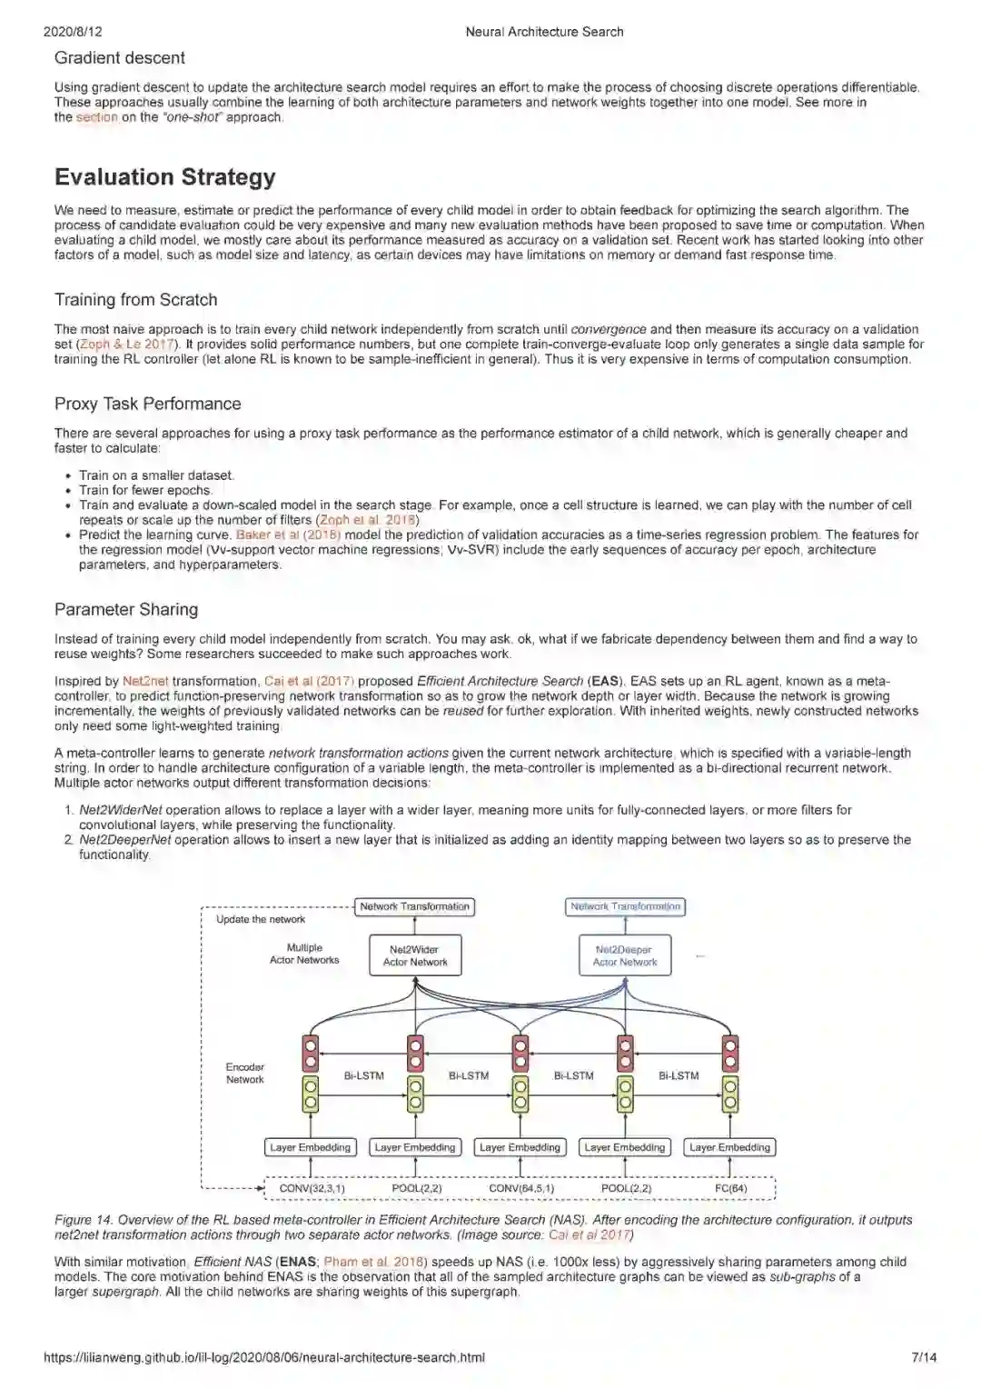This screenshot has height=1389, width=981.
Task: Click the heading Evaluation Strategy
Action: (165, 177)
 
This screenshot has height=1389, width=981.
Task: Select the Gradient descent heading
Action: (119, 58)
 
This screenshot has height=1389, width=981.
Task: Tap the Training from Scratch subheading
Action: (135, 300)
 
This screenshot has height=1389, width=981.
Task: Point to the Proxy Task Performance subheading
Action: (147, 404)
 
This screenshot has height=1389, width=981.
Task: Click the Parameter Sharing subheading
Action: (125, 609)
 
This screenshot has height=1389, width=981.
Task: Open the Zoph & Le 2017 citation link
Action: (126, 345)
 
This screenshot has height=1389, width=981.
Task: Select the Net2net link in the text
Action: (145, 681)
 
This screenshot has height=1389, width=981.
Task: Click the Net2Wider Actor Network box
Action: (415, 955)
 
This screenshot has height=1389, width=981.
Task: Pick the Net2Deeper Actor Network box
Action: (625, 955)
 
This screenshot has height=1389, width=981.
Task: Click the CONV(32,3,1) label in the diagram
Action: (312, 1188)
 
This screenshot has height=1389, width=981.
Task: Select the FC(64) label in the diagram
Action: (730, 1188)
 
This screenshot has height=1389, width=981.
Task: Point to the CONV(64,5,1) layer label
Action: (521, 1188)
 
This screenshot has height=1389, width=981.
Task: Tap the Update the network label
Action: (260, 919)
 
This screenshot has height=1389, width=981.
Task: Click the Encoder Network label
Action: (245, 1074)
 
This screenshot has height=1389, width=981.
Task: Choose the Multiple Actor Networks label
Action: (304, 954)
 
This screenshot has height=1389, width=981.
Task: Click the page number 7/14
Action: (924, 1357)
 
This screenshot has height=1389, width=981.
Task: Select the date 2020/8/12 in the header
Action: (73, 32)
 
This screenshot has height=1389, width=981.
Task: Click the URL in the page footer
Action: (263, 1357)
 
